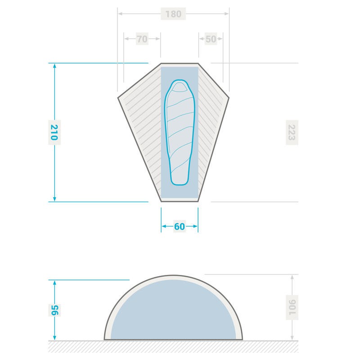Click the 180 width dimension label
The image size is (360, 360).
173,14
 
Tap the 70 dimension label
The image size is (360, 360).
142,39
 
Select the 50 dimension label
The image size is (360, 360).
211,39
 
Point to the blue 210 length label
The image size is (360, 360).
54,132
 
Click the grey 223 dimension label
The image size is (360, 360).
292,132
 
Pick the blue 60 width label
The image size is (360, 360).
180,227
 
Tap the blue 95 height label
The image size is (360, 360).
54,310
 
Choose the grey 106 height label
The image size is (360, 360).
292,307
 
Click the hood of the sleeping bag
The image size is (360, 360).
180,87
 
